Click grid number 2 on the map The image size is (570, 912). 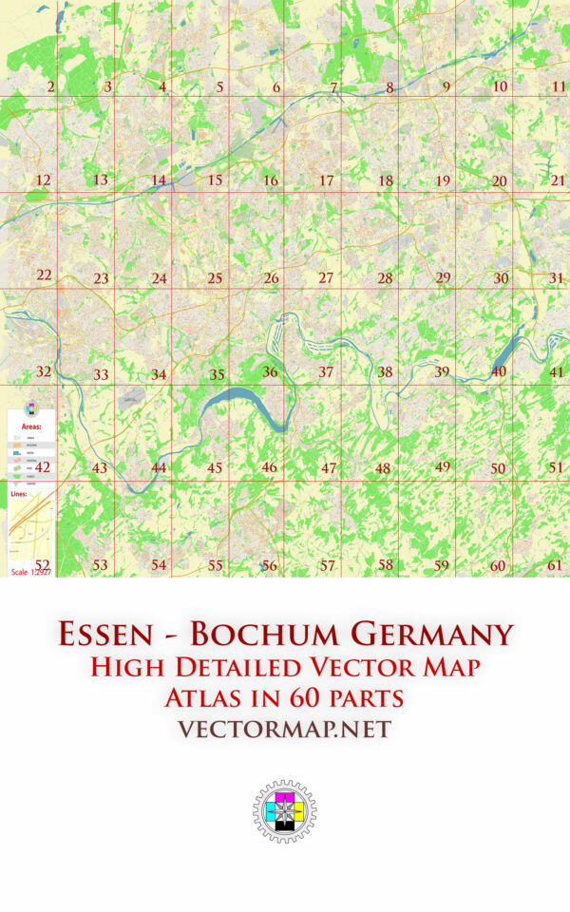coord(50,87)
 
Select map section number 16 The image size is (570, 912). coord(271,180)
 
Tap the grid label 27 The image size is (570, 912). coord(326,278)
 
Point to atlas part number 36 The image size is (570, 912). coord(271,372)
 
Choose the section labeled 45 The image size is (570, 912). coord(215,468)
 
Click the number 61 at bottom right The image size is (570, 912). coord(556,565)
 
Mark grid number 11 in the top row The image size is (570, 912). coord(559,86)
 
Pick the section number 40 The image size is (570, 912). coord(499,371)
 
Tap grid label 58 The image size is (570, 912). coord(386,565)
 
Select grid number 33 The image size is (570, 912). coord(101,375)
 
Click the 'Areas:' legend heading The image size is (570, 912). coord(31,427)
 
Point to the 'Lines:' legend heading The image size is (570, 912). coord(19,495)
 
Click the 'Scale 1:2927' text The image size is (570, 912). coord(30,572)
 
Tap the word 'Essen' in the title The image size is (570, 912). coord(103,634)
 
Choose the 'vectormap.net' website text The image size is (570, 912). coord(284,730)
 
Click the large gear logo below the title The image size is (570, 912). coord(284,812)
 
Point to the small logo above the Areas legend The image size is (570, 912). coord(31,409)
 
